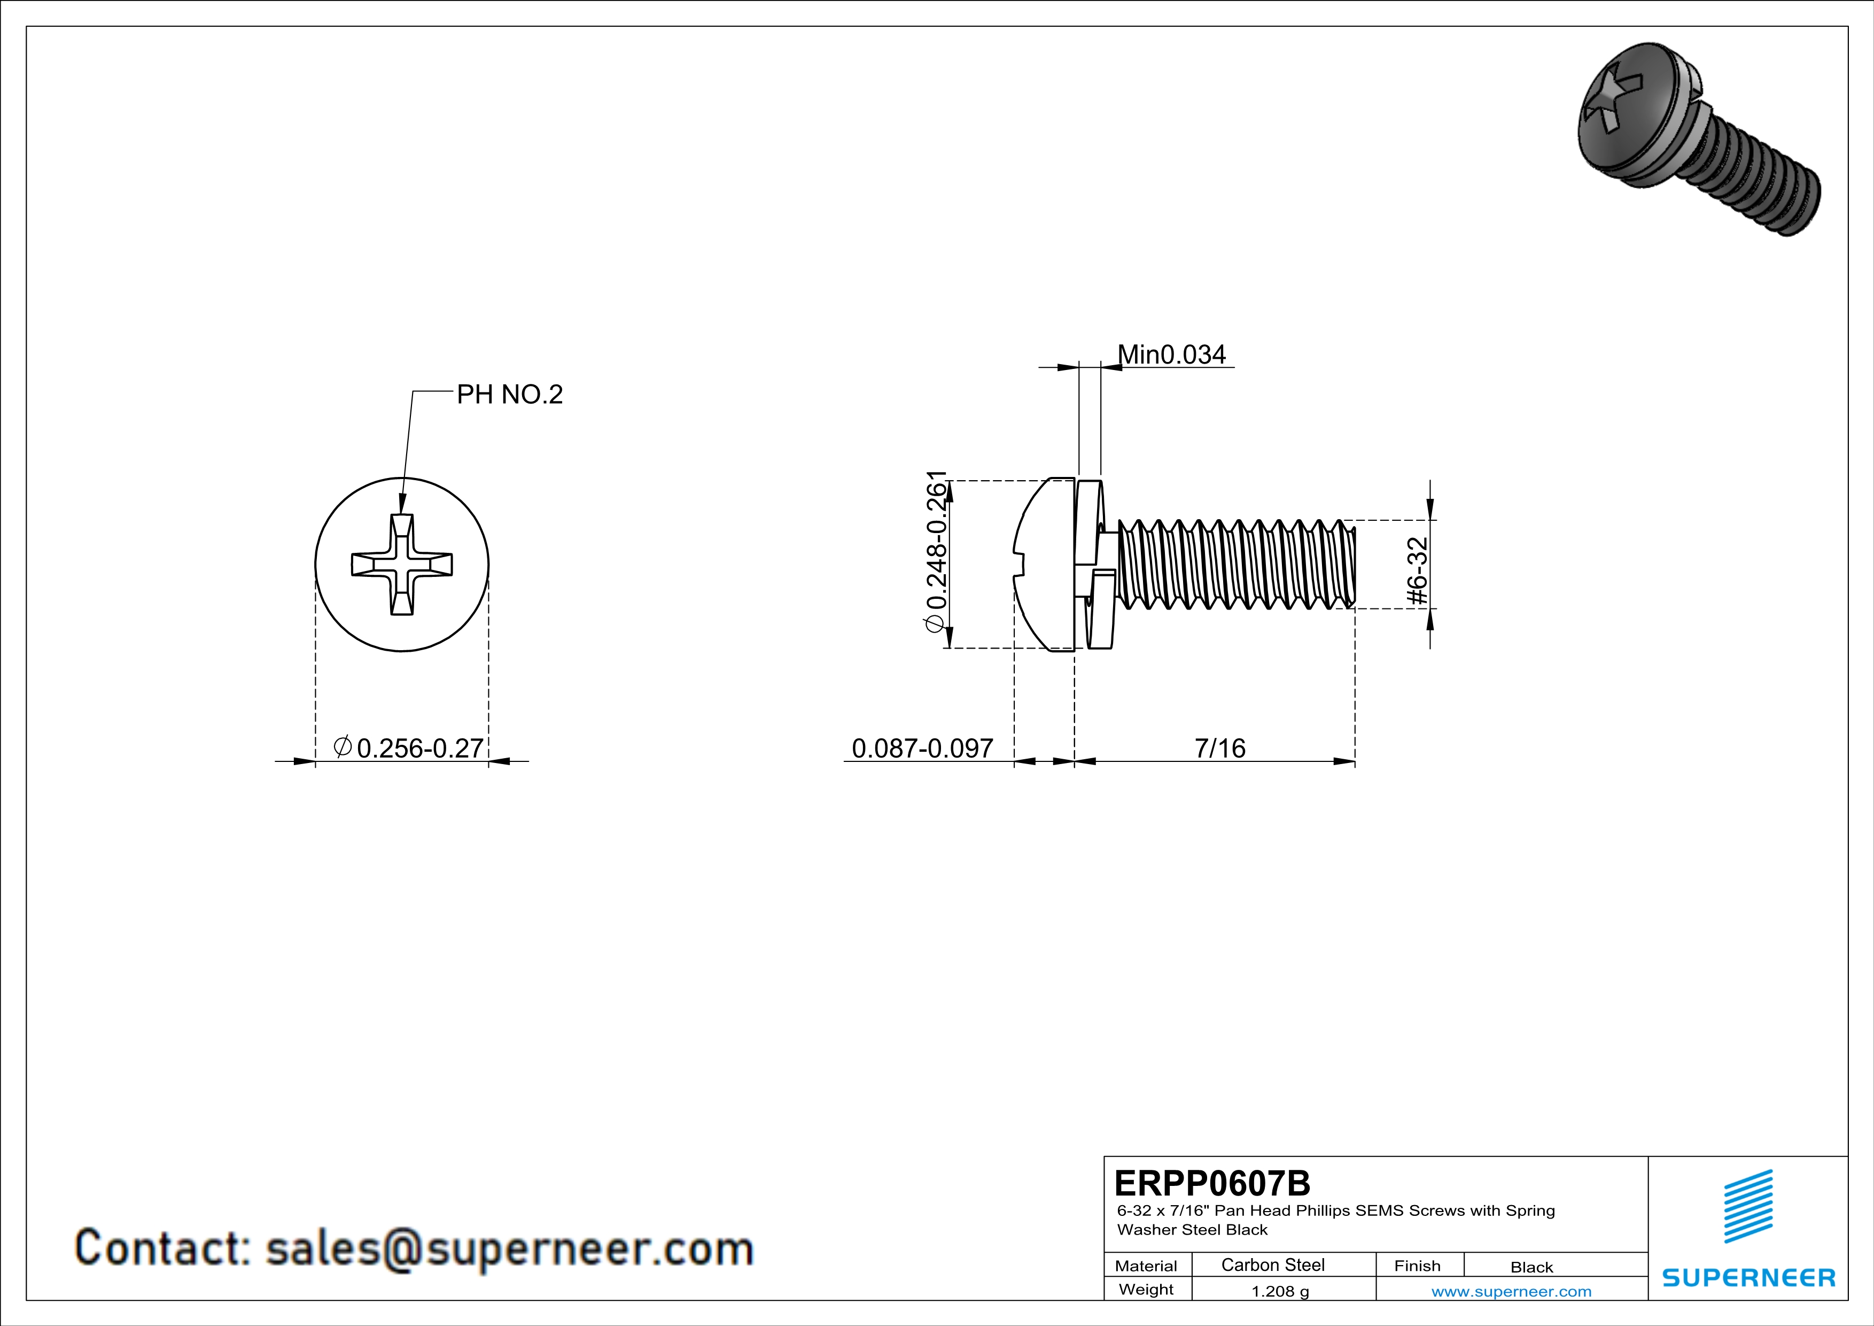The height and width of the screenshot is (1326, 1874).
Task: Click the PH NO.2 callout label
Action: point(509,395)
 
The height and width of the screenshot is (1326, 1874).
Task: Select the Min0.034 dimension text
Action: point(1171,354)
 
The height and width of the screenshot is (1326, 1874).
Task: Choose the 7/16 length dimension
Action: point(1219,748)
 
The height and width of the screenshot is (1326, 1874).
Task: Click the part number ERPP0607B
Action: point(1212,1182)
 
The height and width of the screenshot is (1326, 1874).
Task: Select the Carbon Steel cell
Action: point(1272,1265)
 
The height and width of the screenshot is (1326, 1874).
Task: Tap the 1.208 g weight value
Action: point(1280,1291)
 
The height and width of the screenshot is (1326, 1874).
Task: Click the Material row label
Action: point(1146,1266)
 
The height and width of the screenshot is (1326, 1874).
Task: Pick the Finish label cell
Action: point(1417,1266)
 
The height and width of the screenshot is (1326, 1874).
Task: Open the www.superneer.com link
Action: point(1511,1291)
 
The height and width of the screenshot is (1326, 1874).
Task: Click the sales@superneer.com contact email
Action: point(509,1249)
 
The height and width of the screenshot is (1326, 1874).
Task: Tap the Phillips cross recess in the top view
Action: point(402,564)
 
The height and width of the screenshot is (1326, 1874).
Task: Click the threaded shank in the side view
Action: point(1232,564)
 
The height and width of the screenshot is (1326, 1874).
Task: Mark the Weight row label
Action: point(1146,1289)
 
